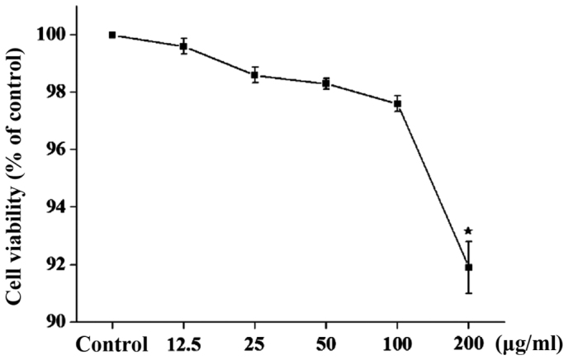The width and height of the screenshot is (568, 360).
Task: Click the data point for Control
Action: click(111, 35)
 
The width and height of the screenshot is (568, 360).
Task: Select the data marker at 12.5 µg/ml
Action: click(183, 46)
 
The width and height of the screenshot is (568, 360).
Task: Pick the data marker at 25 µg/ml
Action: click(255, 75)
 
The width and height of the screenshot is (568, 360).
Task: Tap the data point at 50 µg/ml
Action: click(326, 83)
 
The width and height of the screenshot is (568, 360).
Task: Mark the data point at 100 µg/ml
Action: click(398, 104)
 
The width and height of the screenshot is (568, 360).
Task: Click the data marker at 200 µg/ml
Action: click(469, 267)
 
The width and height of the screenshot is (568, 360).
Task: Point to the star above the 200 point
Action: click(469, 232)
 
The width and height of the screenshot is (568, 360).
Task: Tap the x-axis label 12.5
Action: click(183, 344)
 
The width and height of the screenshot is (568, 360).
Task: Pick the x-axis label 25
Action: click(255, 344)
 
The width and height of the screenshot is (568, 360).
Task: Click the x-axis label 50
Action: click(326, 344)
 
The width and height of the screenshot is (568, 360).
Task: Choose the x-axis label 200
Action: click(469, 344)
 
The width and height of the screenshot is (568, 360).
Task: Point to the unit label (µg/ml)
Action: click(528, 344)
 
